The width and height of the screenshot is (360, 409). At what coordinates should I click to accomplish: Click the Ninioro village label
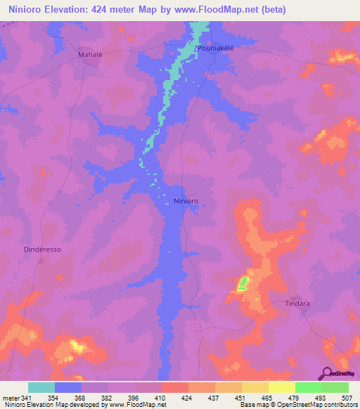click(186, 201)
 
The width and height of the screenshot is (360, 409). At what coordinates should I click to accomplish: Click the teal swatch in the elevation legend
click(41, 387)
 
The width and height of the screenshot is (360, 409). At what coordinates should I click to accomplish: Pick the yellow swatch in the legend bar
click(282, 387)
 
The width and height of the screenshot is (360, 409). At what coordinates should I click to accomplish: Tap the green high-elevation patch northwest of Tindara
click(243, 284)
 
